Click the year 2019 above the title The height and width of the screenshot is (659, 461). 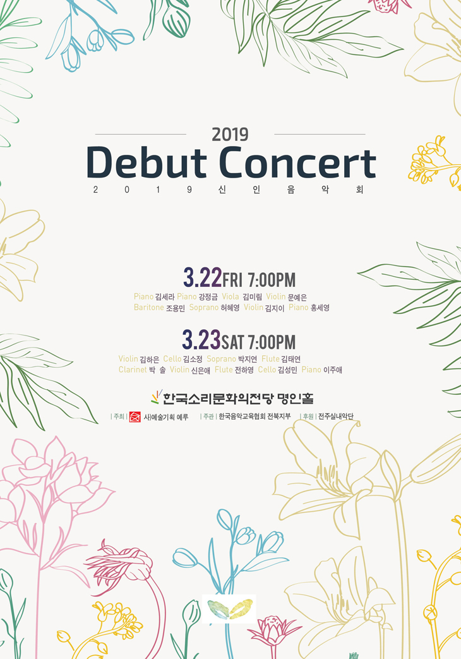(x=230, y=135)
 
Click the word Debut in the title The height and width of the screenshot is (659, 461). (x=147, y=162)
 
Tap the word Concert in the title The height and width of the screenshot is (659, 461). (x=298, y=162)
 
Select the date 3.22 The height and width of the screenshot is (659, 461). (x=202, y=278)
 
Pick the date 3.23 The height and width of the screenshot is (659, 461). (x=201, y=340)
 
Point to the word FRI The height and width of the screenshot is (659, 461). (x=232, y=280)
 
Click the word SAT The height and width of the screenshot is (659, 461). (x=232, y=342)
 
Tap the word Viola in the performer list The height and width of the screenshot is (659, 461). (x=230, y=297)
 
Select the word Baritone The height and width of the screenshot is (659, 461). (x=149, y=308)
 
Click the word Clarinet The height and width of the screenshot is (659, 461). (x=133, y=370)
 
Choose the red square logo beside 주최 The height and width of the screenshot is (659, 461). (x=135, y=416)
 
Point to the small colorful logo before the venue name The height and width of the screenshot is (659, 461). (x=156, y=397)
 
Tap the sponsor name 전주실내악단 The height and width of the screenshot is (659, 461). (x=336, y=416)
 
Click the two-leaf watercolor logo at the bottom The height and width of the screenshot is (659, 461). (x=229, y=609)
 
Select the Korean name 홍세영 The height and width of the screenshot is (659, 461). (x=320, y=308)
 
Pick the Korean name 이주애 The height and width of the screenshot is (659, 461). (x=333, y=370)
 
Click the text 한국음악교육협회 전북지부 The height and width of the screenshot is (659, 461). (x=254, y=416)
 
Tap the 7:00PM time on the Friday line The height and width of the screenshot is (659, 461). (x=272, y=280)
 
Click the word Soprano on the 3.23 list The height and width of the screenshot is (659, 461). (x=221, y=359)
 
